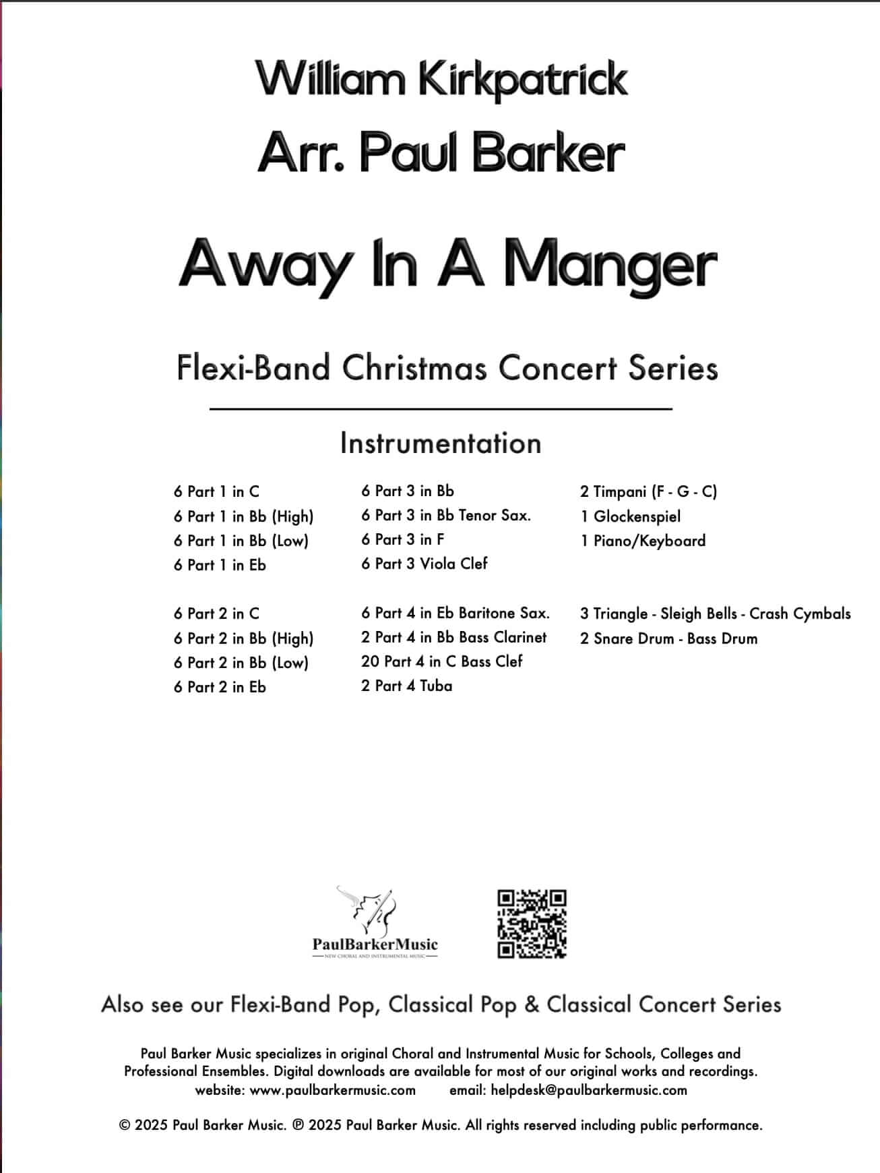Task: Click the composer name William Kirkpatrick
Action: [441, 79]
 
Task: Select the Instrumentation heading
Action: [441, 444]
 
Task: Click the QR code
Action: [532, 924]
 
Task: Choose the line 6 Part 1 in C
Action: [216, 491]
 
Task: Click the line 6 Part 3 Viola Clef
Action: [424, 564]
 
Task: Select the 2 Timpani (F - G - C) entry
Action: [648, 491]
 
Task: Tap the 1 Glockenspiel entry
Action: [630, 516]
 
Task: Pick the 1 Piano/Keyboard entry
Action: [643, 541]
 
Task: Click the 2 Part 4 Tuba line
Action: [406, 686]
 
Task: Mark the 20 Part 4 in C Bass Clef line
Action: [441, 661]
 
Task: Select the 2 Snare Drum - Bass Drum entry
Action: [668, 638]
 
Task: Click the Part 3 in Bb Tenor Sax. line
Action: [446, 516]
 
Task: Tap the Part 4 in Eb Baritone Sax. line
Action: [455, 613]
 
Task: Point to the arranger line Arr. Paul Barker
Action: [441, 154]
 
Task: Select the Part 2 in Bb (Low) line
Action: [241, 663]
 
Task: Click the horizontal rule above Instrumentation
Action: [441, 409]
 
